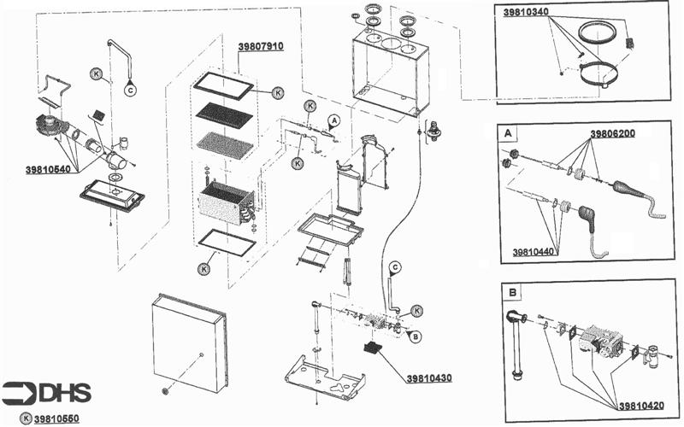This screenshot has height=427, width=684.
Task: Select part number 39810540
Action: coord(50,169)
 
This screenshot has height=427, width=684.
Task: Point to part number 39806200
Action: coord(614,135)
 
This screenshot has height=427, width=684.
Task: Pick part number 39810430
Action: coord(428,377)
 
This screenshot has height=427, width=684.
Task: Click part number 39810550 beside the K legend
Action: coord(57,418)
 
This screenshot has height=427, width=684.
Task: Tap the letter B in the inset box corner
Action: coord(512,292)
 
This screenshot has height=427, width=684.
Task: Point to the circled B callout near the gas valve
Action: coord(416,336)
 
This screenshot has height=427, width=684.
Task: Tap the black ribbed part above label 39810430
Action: coord(374,348)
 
